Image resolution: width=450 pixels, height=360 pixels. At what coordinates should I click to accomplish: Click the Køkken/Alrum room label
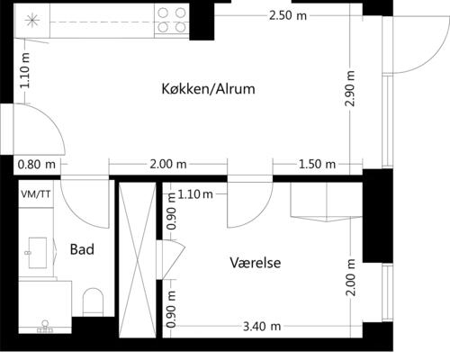[209, 89]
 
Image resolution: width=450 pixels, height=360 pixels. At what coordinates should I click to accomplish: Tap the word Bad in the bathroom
[83, 249]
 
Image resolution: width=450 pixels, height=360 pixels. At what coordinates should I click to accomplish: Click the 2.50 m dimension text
[286, 15]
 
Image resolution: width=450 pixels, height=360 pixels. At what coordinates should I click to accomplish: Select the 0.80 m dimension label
[36, 164]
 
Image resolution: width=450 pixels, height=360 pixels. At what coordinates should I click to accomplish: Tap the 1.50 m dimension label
[316, 164]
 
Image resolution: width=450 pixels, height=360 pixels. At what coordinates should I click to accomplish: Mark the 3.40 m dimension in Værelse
[263, 326]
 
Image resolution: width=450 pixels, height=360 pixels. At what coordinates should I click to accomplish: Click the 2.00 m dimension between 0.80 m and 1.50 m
[167, 164]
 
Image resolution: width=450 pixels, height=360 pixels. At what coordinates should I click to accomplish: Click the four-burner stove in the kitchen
[172, 20]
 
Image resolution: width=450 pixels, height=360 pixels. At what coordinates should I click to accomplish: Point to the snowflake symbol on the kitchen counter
[32, 20]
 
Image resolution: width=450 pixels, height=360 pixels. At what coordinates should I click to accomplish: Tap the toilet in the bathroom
[94, 301]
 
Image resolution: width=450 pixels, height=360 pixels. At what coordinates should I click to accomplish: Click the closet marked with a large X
[138, 261]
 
